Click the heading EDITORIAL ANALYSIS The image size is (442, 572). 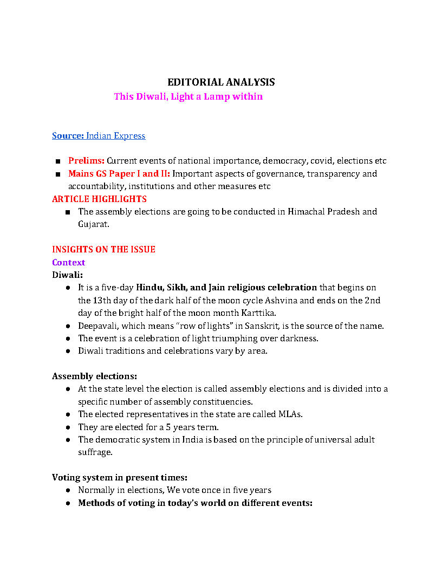221,82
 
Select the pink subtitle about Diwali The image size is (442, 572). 188,96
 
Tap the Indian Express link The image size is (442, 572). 115,135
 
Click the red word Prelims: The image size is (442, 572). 86,161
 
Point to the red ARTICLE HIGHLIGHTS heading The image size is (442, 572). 99,199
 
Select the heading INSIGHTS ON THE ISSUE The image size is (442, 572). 103,249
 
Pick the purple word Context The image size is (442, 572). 68,262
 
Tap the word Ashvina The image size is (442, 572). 332,300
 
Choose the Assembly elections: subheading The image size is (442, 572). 94,376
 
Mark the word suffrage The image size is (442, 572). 95,452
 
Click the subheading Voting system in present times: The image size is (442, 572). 120,477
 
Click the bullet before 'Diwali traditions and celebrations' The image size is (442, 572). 68,351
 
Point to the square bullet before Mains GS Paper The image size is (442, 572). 57,174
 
